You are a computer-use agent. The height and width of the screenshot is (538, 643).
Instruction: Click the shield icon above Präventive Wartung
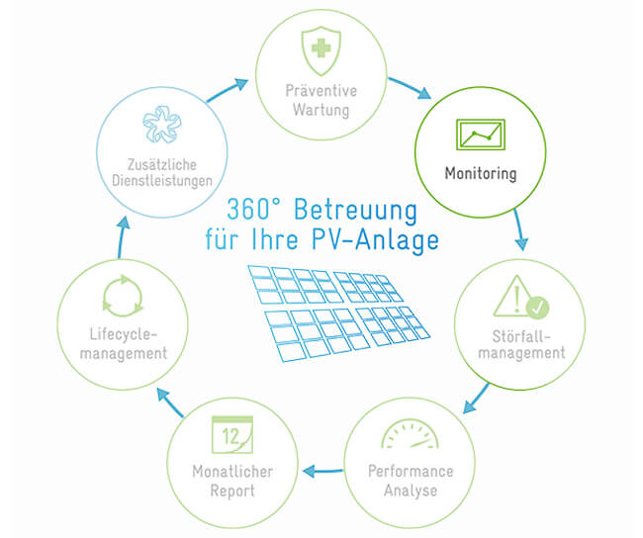[x=321, y=50]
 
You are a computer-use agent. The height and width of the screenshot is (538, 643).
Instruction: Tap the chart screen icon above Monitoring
[x=481, y=134]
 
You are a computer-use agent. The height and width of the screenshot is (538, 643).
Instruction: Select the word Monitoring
[x=481, y=173]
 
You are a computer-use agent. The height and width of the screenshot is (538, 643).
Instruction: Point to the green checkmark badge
[x=537, y=307]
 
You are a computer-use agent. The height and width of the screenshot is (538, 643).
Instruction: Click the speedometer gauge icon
[x=411, y=434]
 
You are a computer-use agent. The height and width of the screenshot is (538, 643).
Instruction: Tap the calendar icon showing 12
[x=232, y=435]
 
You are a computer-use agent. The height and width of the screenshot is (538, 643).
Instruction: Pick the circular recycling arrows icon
[x=123, y=296]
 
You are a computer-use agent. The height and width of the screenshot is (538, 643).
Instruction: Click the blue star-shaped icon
[x=161, y=125]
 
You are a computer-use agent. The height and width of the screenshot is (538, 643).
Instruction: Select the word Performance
[x=411, y=471]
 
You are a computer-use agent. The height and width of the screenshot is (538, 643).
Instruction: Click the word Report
[x=232, y=491]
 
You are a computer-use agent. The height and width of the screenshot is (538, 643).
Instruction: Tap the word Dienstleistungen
[x=162, y=181]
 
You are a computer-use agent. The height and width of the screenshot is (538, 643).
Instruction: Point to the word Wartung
[x=321, y=111]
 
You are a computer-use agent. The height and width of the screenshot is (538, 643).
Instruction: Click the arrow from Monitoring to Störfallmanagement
[x=519, y=229]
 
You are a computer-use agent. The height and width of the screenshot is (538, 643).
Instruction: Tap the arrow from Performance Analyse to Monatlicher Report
[x=323, y=471]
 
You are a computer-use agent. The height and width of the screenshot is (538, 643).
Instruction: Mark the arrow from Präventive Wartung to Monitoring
[x=410, y=88]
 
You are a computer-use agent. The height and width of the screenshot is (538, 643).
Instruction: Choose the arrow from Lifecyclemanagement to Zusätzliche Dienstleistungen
[x=123, y=237]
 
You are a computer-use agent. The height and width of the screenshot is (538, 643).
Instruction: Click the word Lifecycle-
[x=124, y=334]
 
